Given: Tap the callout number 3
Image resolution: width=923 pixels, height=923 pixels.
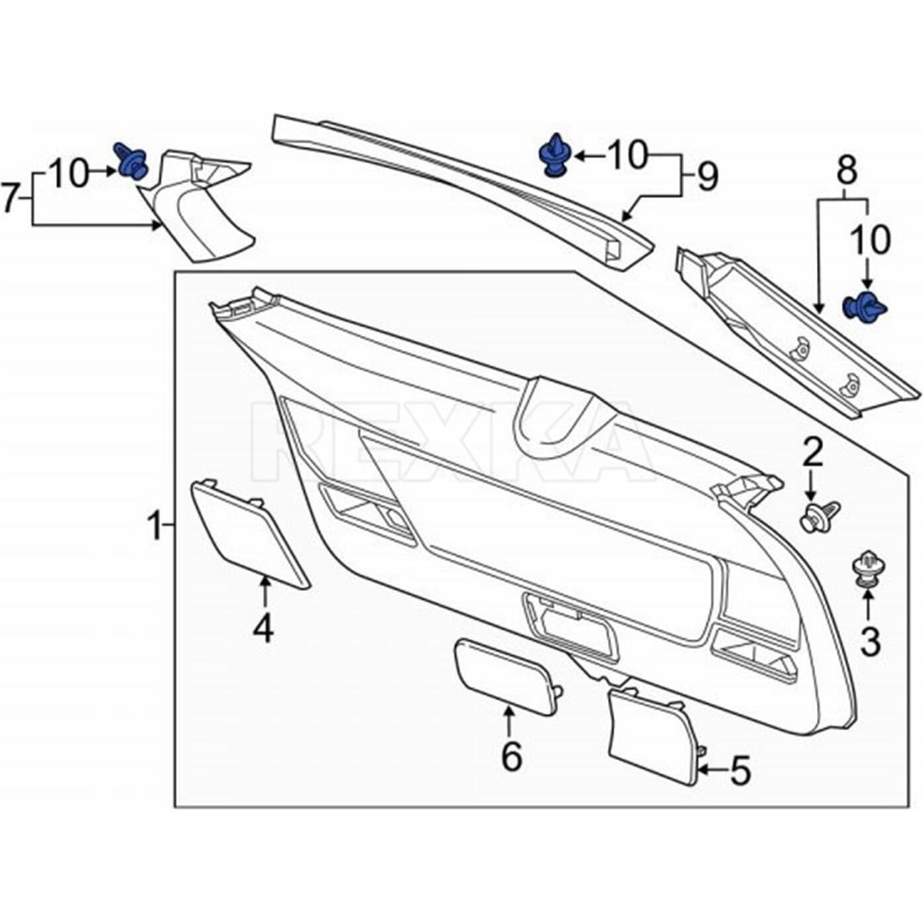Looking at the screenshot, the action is (x=870, y=641).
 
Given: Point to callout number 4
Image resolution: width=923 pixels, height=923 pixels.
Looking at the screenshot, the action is (x=263, y=628).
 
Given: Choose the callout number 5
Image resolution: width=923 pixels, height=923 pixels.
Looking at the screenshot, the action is (x=740, y=770).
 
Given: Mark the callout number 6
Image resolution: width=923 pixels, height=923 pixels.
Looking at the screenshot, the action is (x=511, y=757).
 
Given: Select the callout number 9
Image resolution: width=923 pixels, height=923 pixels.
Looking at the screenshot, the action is (x=708, y=177).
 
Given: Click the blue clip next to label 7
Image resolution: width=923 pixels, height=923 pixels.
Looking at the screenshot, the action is (x=132, y=162).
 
